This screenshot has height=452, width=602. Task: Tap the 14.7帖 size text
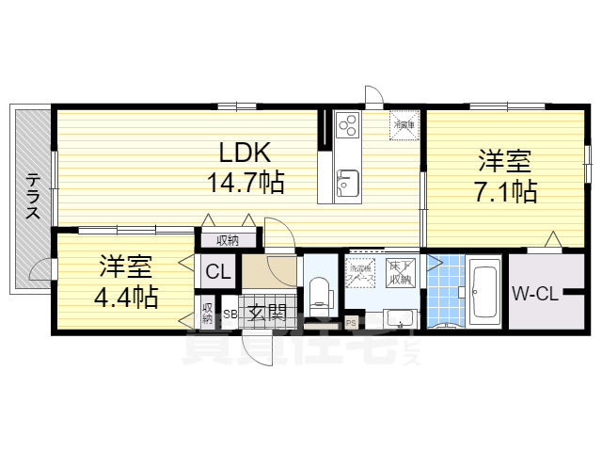pyautogui.click(x=246, y=180)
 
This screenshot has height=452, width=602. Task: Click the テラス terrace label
pyautogui.click(x=32, y=197)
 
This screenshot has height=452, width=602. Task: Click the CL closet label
pyautogui.click(x=218, y=273)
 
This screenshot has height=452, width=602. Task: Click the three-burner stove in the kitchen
pyautogui.click(x=346, y=126)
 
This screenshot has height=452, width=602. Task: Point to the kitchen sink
pyautogui.click(x=347, y=182)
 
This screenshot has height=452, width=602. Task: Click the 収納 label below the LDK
pyautogui.click(x=227, y=240)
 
